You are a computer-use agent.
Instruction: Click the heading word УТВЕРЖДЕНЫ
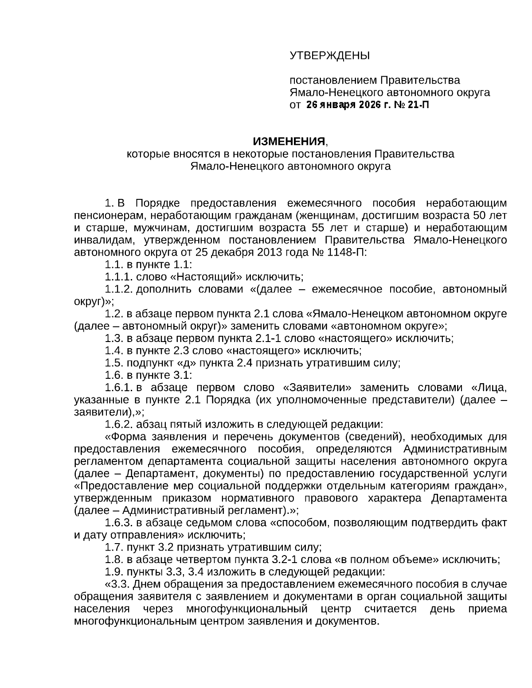click(x=329, y=56)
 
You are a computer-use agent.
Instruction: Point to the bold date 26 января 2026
click(x=344, y=105)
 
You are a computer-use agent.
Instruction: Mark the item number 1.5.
click(x=114, y=363)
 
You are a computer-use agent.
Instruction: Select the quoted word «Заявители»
click(x=317, y=388)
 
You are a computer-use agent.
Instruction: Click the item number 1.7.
click(x=114, y=547)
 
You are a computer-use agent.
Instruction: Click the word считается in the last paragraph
click(x=390, y=609)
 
